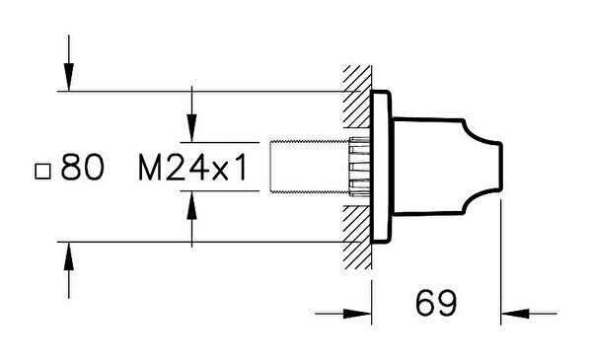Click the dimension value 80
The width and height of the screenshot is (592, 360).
point(82,167)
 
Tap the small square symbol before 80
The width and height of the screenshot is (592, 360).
point(42,172)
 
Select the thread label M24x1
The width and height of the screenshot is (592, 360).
point(192,167)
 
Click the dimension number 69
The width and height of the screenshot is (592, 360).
point(436,303)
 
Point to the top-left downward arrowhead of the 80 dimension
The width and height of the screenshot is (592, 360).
point(69,77)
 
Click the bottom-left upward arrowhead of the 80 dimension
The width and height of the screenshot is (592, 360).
point(69,255)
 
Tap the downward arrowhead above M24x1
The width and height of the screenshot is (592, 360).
point(191,128)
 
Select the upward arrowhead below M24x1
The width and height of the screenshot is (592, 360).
point(191,206)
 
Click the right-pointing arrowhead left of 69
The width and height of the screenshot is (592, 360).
point(357,314)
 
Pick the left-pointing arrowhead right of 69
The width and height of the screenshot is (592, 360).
point(515,314)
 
